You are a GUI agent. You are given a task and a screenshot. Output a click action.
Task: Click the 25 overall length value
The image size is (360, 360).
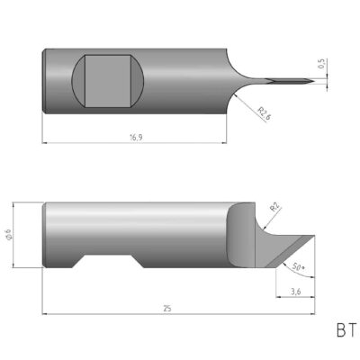pos(167,308)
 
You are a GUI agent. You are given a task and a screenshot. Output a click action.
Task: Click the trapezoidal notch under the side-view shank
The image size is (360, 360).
pos(112,263)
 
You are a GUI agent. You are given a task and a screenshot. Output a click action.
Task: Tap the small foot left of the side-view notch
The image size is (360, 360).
pos(62,262)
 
